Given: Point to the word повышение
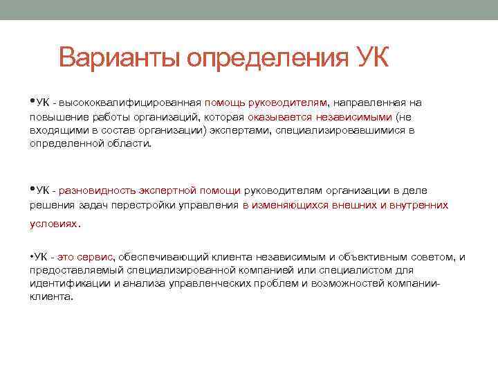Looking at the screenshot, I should coord(55,116).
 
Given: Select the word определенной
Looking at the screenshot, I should coord(64,143).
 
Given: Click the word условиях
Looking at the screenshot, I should coord(54,224).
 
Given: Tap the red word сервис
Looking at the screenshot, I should coord(98,257).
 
